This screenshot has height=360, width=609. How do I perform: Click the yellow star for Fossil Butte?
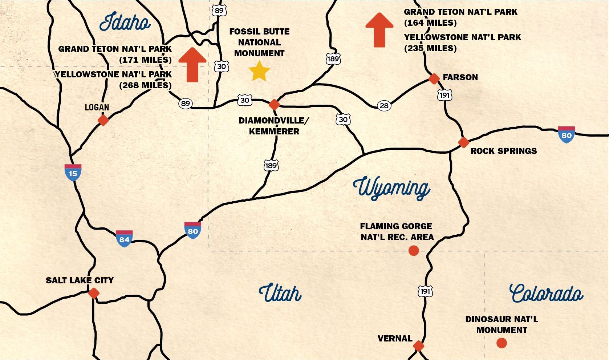(259, 71)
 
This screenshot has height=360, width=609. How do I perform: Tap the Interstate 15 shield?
(73, 172)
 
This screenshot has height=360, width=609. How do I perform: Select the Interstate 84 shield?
(124, 238)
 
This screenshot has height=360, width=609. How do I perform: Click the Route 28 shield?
(384, 106)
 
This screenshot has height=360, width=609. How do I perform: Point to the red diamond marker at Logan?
(103, 120)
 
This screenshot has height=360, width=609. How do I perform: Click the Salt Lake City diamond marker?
(94, 293)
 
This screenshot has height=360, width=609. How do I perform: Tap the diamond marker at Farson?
(434, 78)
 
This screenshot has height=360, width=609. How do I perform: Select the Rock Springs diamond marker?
(463, 142)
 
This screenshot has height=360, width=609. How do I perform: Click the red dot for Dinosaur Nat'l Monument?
(502, 343)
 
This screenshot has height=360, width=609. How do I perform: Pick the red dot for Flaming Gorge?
(413, 250)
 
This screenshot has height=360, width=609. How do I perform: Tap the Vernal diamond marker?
(418, 346)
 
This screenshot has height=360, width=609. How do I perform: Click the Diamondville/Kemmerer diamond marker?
(274, 105)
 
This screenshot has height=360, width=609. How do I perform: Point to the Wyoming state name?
(391, 188)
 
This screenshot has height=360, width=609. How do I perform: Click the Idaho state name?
(125, 23)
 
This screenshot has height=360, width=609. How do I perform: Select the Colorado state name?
(546, 294)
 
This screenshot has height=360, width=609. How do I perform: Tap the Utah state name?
(280, 293)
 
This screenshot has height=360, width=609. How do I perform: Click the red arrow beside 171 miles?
(192, 65)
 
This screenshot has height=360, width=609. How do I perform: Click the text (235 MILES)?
(430, 48)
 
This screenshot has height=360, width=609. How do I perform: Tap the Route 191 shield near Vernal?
(425, 291)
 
